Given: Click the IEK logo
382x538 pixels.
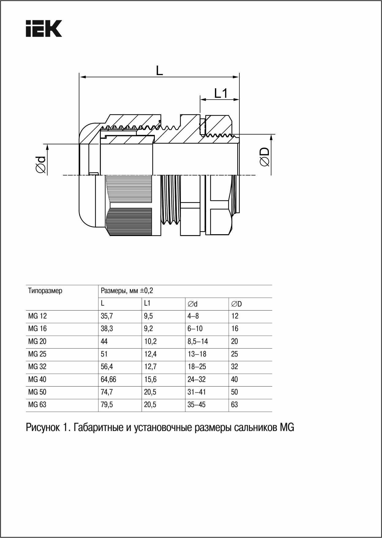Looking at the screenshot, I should point(44,29).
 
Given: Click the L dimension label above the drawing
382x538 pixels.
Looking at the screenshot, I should point(159,71).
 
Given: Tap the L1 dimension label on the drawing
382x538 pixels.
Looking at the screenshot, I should point(221,93).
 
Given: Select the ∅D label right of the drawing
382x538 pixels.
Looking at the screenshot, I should point(265,157).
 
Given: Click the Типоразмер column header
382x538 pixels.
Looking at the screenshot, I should point(45,291).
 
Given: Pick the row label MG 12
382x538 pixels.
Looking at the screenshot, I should point(37,316).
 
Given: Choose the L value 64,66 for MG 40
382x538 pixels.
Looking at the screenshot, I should point(109,380).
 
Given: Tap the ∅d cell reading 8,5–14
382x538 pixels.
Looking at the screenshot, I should point(197,341).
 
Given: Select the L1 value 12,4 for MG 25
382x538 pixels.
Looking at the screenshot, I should point(150,354).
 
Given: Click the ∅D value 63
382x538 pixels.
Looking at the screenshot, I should point(235,405).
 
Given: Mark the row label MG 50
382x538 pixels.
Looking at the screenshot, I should point(37,392).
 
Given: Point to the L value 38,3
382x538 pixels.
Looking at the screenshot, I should point(107,329).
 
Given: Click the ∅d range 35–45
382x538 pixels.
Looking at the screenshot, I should point(197,405).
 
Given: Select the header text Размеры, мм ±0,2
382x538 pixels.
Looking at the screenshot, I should point(127,291).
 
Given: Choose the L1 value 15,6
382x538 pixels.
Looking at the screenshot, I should point(150,380).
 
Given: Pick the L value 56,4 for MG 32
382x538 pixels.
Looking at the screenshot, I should point(107,367).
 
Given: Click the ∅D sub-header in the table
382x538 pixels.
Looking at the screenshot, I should point(236,304).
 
